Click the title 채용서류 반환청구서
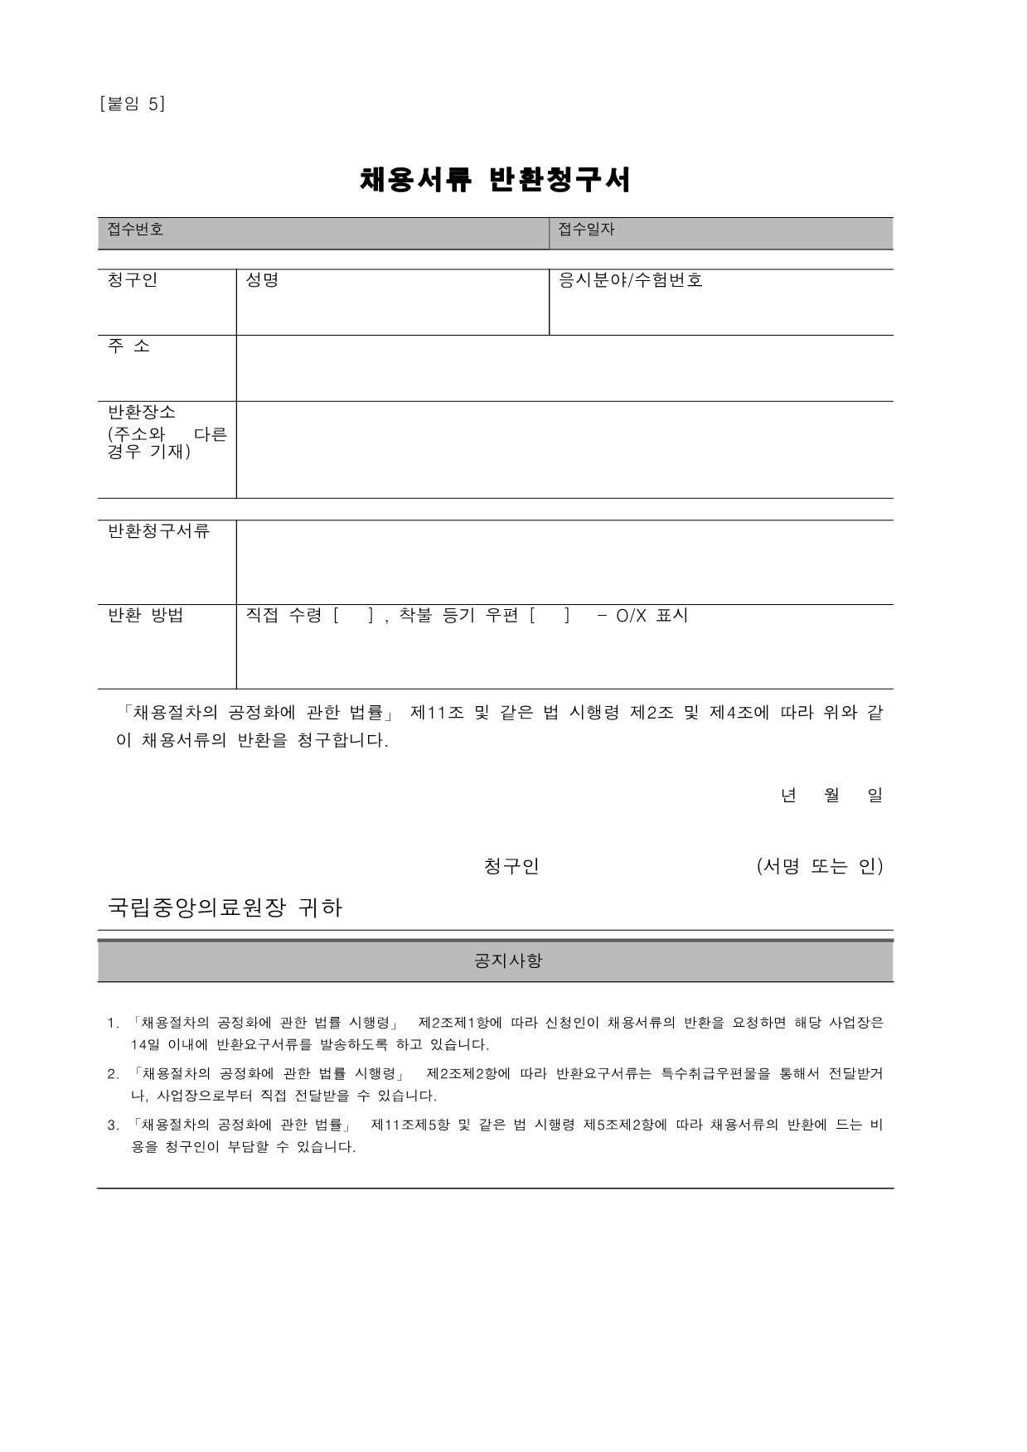[495, 180]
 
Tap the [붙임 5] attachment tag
[132, 104]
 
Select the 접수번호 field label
[136, 230]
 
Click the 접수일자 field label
[586, 230]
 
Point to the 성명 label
[262, 280]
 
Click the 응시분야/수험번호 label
[631, 280]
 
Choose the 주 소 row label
[129, 346]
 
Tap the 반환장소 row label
[142, 412]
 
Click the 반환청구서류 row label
[159, 531]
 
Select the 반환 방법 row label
[146, 616]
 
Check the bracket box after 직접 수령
[353, 616]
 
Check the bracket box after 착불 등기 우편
[550, 616]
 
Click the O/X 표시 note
[652, 616]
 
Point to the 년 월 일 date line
[831, 796]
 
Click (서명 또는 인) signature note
[820, 867]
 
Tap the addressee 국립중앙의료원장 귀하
[225, 908]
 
